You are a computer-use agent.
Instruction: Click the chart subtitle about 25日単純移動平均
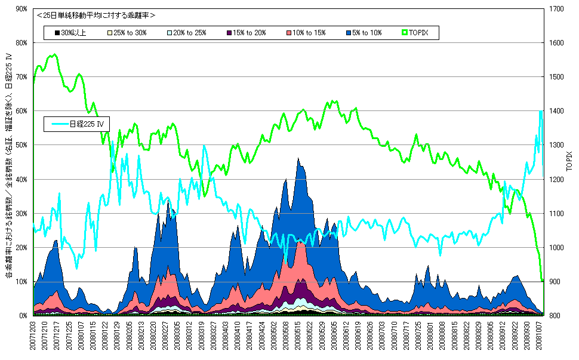click(96, 15)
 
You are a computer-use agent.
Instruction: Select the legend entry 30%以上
click(70, 32)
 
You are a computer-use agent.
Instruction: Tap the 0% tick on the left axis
click(23, 315)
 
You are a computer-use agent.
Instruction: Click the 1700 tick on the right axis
click(555, 9)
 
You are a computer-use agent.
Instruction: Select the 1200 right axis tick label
click(555, 179)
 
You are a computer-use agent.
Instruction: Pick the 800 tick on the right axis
click(553, 315)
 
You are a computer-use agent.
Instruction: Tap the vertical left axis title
click(8, 167)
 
